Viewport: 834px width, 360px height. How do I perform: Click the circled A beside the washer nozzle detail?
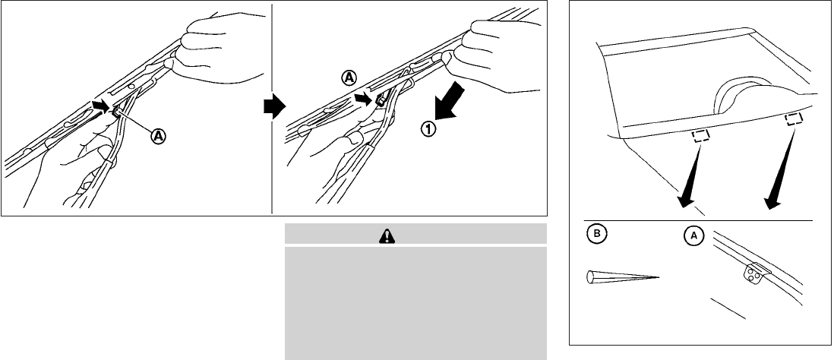694,236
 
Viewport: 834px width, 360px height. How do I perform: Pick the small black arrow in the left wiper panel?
100,105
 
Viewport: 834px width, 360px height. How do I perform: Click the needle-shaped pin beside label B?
622,276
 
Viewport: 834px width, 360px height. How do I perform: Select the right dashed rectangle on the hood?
794,119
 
